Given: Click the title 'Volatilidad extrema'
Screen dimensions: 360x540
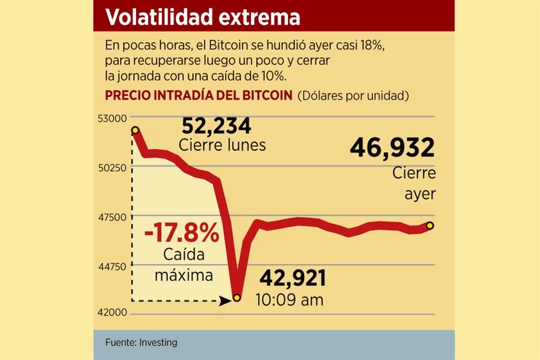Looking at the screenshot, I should tap(202, 17).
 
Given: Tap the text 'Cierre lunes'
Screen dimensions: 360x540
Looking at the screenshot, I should tap(222, 145).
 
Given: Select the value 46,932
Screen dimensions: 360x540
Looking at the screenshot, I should tap(392, 148).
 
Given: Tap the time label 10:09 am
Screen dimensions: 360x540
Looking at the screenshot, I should tap(290, 300).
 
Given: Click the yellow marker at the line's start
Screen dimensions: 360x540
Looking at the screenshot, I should tap(135, 130).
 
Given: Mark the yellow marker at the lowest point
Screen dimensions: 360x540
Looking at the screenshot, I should tap(237, 297).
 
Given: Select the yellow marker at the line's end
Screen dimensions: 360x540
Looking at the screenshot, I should tap(430, 226).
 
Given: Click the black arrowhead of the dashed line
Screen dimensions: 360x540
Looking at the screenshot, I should tap(226, 301).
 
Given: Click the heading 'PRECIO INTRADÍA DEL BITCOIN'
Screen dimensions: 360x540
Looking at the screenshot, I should tap(199, 96).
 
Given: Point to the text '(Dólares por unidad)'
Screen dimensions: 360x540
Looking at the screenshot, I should tap(353, 96).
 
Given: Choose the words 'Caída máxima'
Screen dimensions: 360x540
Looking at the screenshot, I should tap(184, 265).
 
